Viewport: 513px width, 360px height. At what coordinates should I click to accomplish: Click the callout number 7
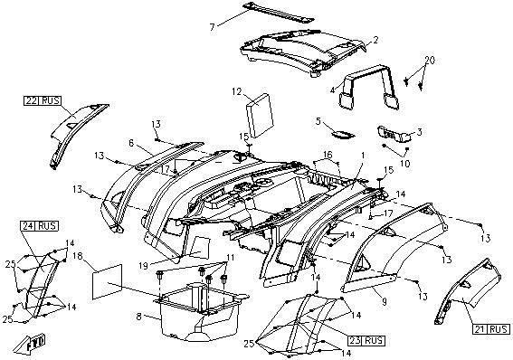213,27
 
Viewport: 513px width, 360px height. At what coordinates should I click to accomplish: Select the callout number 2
375,40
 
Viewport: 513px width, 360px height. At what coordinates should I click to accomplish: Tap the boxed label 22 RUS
43,100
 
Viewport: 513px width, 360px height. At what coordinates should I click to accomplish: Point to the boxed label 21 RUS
491,329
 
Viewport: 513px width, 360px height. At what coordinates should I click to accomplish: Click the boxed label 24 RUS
39,226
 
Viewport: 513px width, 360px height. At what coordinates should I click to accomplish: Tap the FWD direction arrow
31,344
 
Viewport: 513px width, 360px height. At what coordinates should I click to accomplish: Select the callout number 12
236,91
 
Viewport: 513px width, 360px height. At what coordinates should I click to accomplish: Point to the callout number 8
139,317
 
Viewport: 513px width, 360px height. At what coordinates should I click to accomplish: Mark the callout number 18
77,256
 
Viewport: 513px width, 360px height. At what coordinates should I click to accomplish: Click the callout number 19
143,266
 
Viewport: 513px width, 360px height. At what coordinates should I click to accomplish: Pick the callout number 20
430,61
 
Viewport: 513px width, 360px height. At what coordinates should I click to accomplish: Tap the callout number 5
318,121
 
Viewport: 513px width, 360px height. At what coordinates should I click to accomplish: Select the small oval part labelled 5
343,134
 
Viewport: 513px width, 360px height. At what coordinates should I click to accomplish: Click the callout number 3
419,132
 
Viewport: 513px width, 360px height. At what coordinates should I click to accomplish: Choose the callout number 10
405,163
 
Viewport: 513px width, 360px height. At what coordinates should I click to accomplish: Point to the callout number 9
385,301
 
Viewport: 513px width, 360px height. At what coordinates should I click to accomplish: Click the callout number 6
131,143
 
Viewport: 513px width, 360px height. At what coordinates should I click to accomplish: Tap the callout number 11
231,257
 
